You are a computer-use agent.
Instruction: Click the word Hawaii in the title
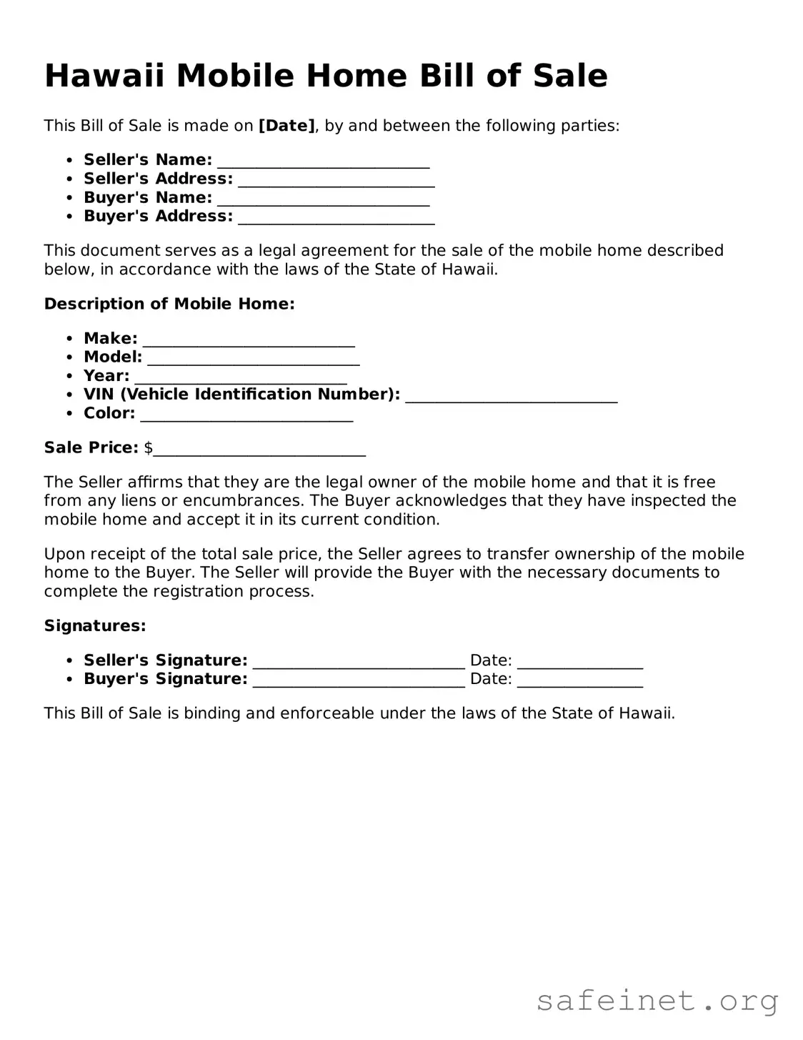click(x=104, y=76)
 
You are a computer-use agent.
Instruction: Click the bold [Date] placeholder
click(x=286, y=126)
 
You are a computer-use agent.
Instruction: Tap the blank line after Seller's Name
click(x=323, y=162)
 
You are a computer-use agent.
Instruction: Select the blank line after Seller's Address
click(x=336, y=181)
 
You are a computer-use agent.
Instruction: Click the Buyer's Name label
click(x=148, y=197)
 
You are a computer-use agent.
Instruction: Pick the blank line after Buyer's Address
click(x=336, y=218)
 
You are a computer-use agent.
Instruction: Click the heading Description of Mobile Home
click(x=169, y=304)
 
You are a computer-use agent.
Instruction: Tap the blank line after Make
click(x=249, y=341)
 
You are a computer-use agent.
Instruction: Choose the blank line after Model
click(x=253, y=360)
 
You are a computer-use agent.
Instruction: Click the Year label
click(x=106, y=375)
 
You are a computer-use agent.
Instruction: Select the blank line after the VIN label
click(x=511, y=397)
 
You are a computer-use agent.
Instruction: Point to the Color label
click(x=109, y=413)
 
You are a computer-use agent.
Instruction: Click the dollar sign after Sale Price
click(x=149, y=448)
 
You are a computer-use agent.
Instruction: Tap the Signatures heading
click(x=95, y=626)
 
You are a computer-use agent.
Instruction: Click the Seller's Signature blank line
click(x=359, y=663)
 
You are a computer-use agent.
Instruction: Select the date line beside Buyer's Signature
click(x=580, y=682)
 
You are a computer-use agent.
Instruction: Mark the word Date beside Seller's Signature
click(x=491, y=660)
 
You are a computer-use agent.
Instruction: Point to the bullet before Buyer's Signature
click(x=69, y=679)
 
